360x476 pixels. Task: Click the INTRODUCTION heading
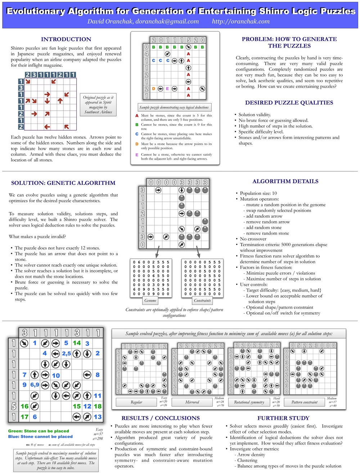pos(66,39)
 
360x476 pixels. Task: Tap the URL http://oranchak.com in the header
pos(240,21)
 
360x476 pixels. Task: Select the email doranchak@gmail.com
pos(167,21)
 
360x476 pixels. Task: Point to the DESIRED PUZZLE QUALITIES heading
pos(289,103)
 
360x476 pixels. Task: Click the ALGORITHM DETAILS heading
pos(285,181)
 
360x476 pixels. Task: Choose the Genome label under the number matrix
pos(150,301)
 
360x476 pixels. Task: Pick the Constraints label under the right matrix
pos(202,301)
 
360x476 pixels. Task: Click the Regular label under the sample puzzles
pos(136,402)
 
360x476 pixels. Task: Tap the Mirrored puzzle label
pos(192,402)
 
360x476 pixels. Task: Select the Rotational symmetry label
pos(249,402)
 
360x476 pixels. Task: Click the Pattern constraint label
pos(305,402)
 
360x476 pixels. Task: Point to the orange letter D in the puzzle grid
pos(154,89)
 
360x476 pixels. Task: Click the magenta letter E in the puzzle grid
pos(167,89)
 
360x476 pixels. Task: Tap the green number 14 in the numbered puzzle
pos(77,343)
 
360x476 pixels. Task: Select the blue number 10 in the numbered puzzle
pos(56,375)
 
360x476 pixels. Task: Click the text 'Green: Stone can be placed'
pos(39,431)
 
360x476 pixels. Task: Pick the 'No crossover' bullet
pos(253,239)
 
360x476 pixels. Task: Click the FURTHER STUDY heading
pos(283,418)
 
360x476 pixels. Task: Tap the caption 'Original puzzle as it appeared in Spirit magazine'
pos(98,104)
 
